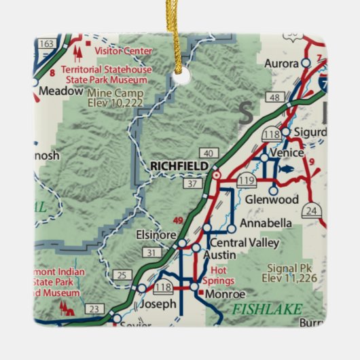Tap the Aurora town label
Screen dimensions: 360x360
click(x=281, y=62)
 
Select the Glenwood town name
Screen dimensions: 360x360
click(x=272, y=200)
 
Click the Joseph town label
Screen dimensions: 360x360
click(x=159, y=304)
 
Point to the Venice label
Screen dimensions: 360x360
click(x=285, y=154)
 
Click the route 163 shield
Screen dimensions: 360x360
click(x=47, y=43)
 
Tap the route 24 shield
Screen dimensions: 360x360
click(x=311, y=211)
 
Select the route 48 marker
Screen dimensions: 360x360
click(x=274, y=98)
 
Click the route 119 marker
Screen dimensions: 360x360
click(x=246, y=180)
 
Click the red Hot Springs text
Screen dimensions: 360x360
click(x=217, y=275)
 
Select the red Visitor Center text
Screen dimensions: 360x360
click(x=123, y=50)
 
